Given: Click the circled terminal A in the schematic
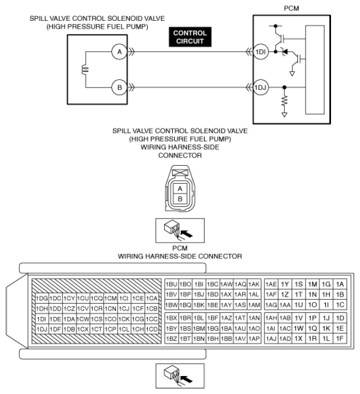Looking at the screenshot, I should (119, 52).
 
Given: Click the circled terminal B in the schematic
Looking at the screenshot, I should (119, 88).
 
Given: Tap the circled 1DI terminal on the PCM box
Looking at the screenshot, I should (260, 52).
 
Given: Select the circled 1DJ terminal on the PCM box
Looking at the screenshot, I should (260, 88).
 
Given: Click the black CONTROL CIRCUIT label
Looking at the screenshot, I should (190, 37).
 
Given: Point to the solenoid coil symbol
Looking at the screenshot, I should (86, 70).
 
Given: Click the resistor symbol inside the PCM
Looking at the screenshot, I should (284, 103).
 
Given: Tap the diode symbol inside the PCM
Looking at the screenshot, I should (285, 52).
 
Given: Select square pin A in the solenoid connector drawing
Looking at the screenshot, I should (180, 189).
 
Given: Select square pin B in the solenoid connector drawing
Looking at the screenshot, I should (180, 199).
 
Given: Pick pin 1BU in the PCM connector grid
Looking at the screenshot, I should (171, 284).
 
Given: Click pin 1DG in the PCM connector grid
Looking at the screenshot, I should (42, 298).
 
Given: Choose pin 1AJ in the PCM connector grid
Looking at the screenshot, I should (270, 338).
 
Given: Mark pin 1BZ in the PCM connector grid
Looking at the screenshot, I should (171, 338).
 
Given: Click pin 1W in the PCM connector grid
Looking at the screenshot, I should (298, 327).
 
